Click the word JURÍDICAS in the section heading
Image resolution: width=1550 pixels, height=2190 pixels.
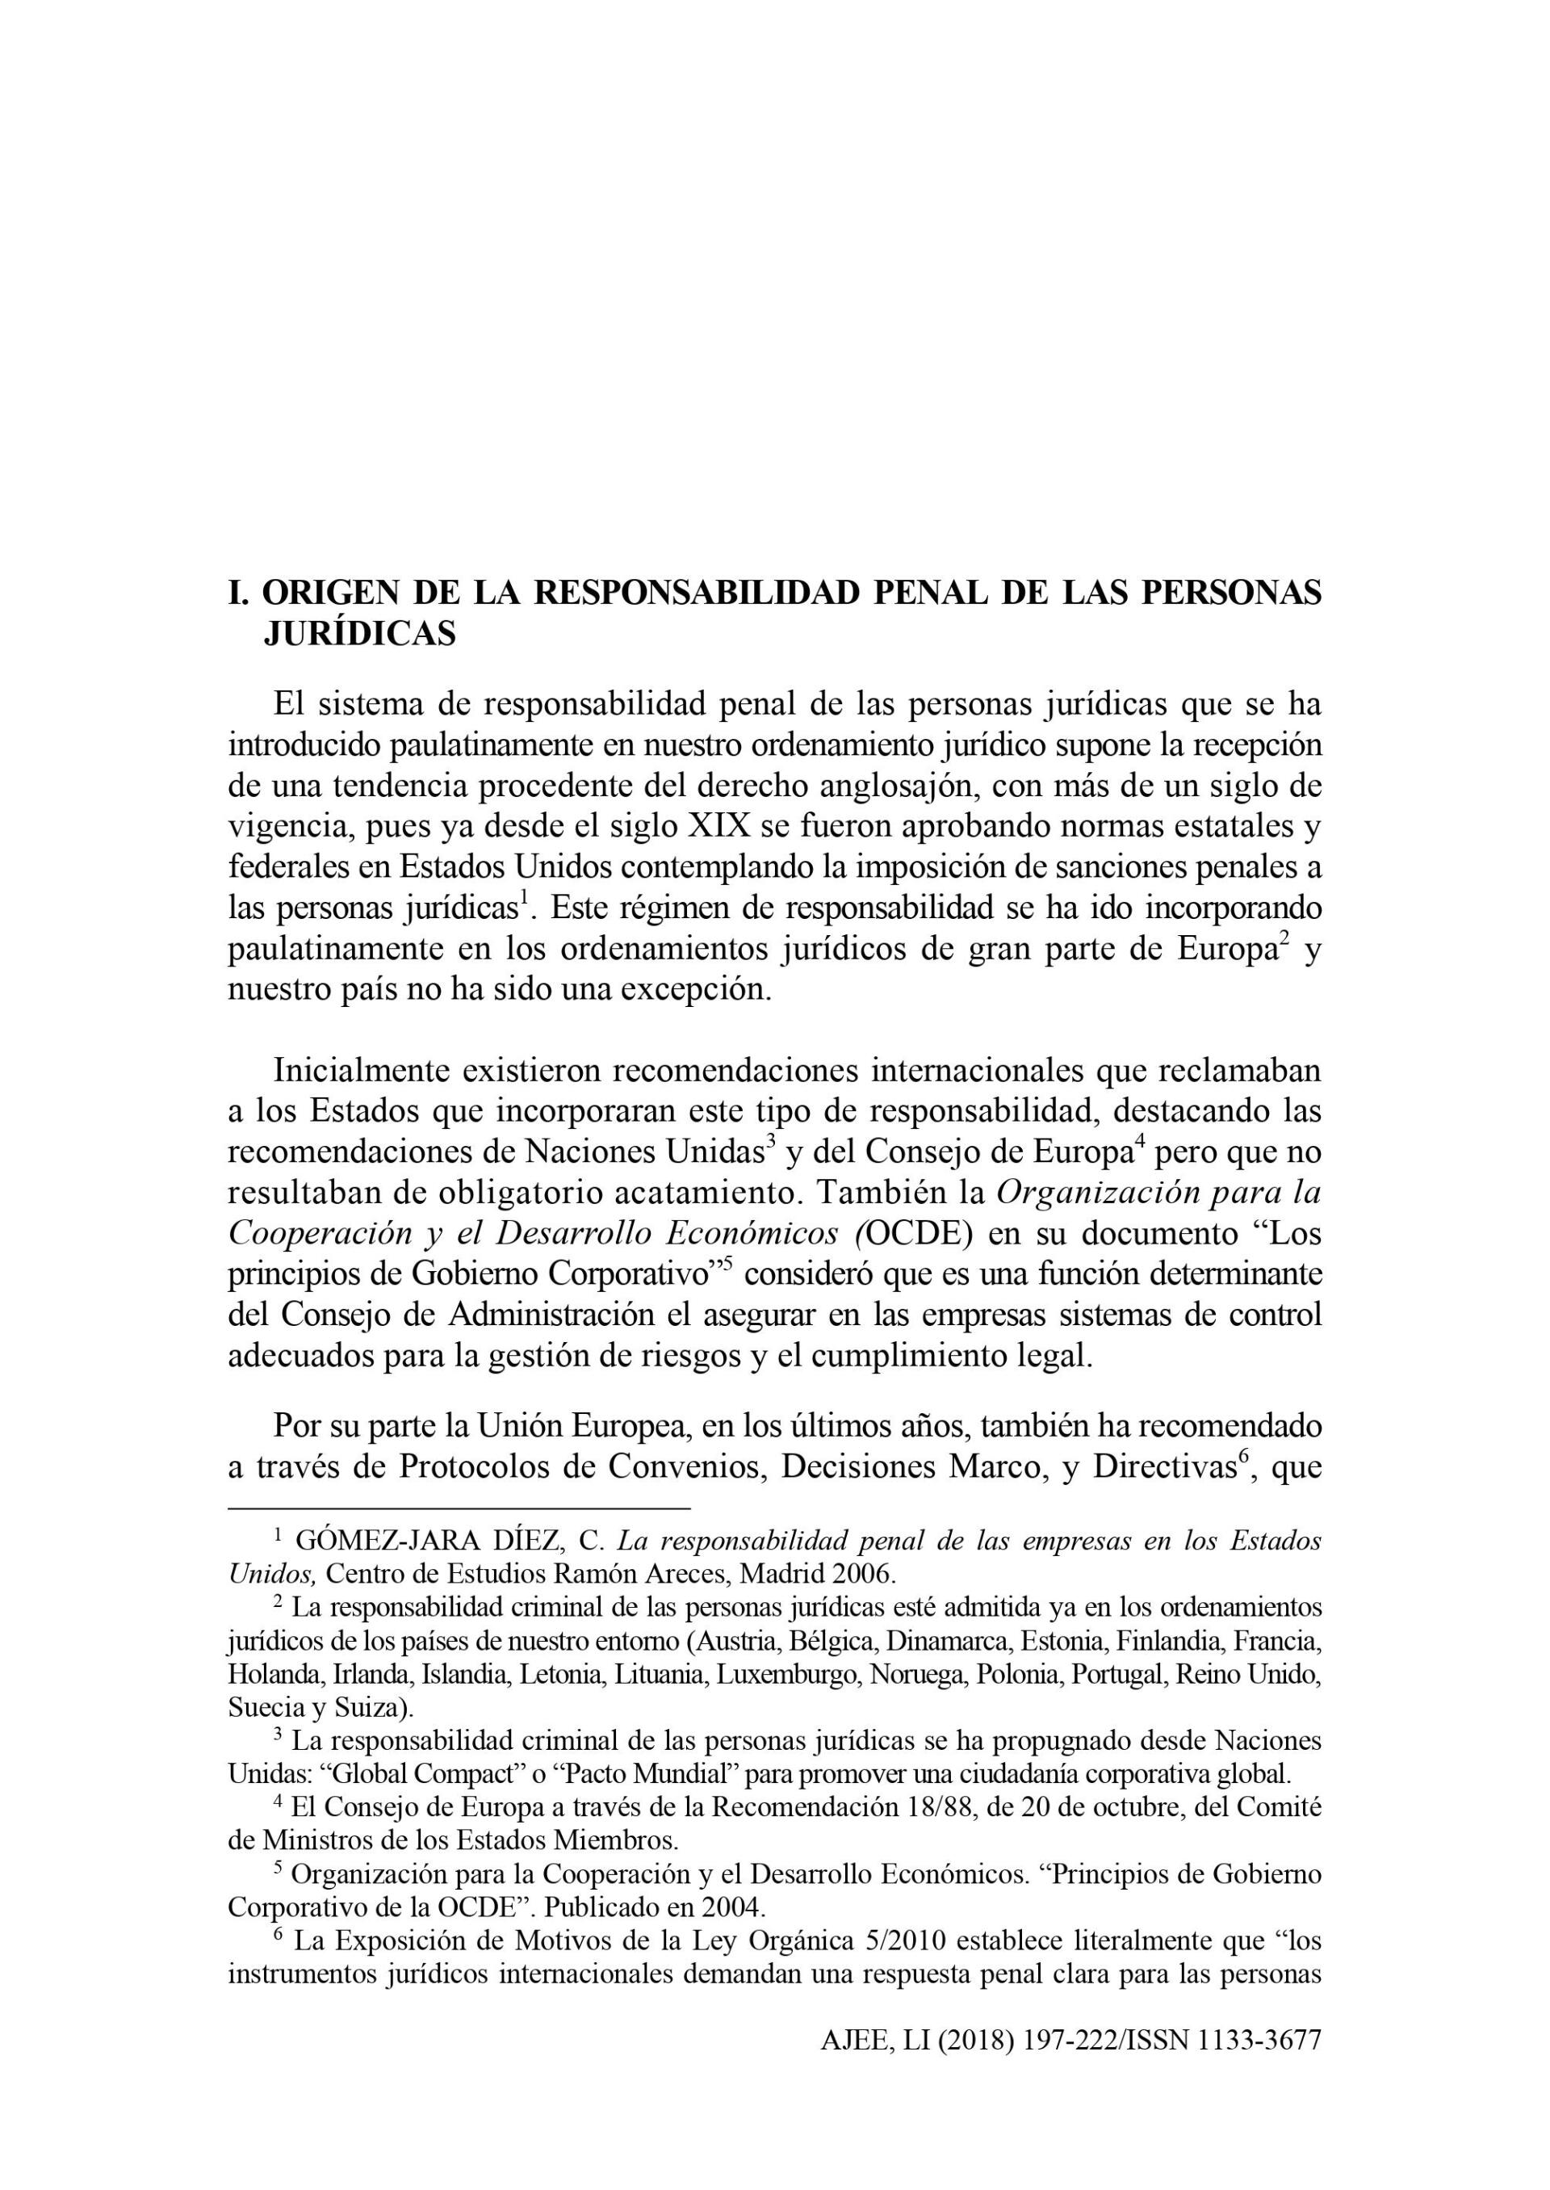click(359, 634)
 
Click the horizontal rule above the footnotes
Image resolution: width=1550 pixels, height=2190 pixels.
click(458, 1509)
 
